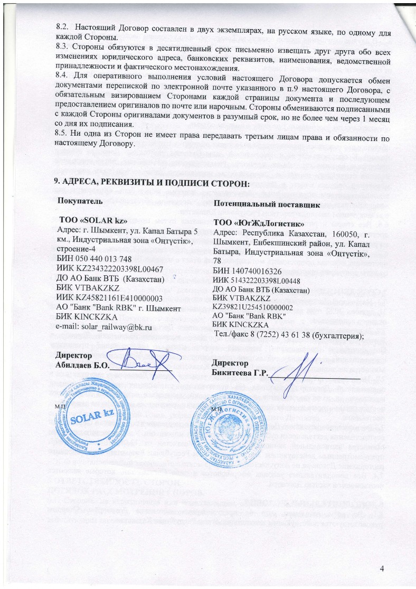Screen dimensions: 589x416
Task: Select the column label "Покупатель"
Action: click(81, 203)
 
